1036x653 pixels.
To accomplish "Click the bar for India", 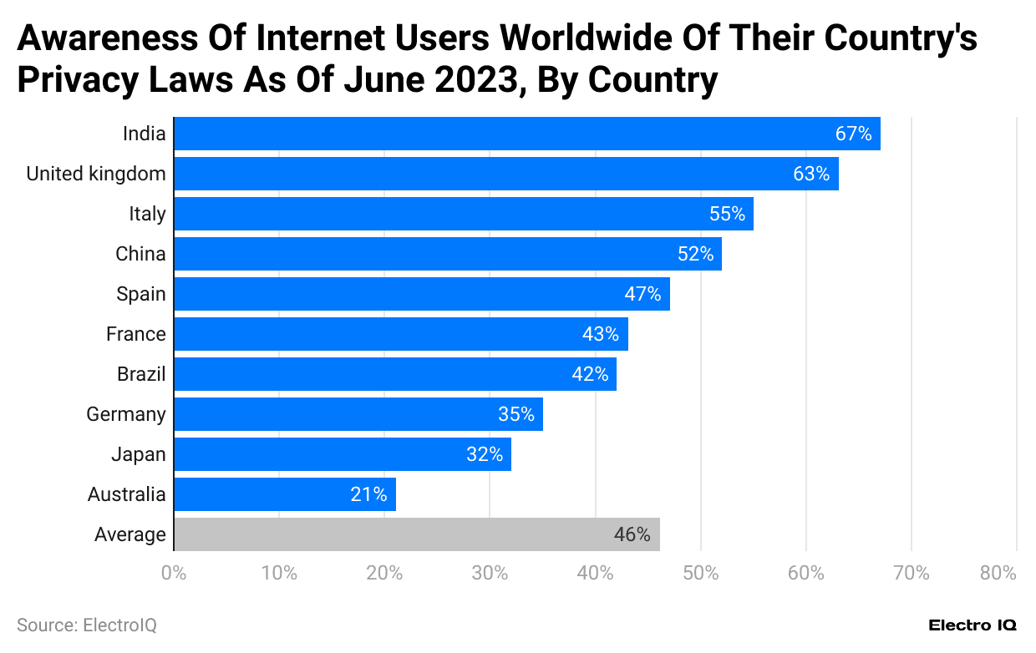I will click(526, 134).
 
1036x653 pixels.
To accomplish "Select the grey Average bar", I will click(416, 534).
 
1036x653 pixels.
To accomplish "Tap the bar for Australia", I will click(284, 494).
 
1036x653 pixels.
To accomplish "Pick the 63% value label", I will click(811, 174).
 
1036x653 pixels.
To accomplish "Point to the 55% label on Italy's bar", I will click(727, 214).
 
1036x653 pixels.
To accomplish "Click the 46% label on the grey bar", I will click(632, 534).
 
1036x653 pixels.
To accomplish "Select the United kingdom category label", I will click(96, 174).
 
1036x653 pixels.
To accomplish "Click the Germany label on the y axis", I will click(126, 414).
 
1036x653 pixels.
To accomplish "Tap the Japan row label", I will click(139, 454).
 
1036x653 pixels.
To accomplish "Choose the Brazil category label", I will click(141, 374).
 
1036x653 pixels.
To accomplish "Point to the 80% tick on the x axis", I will click(998, 573).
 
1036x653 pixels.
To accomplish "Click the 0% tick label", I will click(173, 573).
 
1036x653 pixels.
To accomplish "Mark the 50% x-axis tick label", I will click(700, 573).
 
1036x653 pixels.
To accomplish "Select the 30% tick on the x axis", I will click(490, 573).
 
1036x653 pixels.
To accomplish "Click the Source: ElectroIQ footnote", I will click(87, 625).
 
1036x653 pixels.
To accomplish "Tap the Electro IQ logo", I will click(973, 625).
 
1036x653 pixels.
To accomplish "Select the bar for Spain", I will click(422, 294).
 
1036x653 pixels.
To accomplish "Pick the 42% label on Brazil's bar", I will click(590, 374).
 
